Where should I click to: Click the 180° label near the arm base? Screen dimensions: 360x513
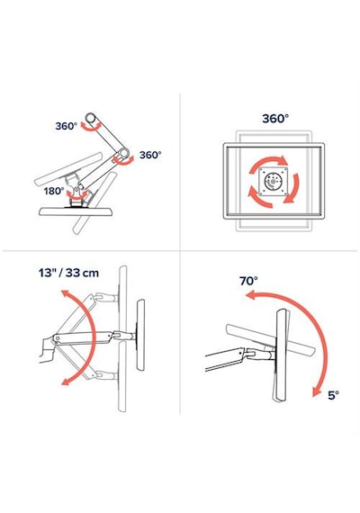tap(54, 191)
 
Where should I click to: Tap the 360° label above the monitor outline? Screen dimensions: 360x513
tap(275, 118)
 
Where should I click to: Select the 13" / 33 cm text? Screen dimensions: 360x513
tap(68, 273)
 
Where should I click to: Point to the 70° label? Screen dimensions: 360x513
tap(248, 281)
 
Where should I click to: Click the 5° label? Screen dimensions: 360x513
tap(334, 395)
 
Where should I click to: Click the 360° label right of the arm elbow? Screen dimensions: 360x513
tap(150, 155)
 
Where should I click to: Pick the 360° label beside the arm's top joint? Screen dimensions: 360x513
tap(66, 126)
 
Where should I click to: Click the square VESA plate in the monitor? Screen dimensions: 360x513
tap(274, 181)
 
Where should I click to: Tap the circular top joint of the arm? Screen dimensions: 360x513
tap(90, 117)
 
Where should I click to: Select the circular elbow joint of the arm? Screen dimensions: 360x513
tap(123, 153)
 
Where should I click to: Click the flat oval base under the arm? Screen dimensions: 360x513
tap(76, 211)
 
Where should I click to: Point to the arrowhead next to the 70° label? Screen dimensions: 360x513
tap(250, 295)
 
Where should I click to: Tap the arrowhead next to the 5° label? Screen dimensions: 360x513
tap(316, 391)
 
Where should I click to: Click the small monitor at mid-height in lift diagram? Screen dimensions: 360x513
tap(140, 335)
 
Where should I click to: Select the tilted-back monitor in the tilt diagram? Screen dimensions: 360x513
tap(271, 340)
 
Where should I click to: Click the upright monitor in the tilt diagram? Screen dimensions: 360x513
tap(282, 355)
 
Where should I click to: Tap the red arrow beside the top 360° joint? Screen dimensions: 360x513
tap(91, 127)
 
